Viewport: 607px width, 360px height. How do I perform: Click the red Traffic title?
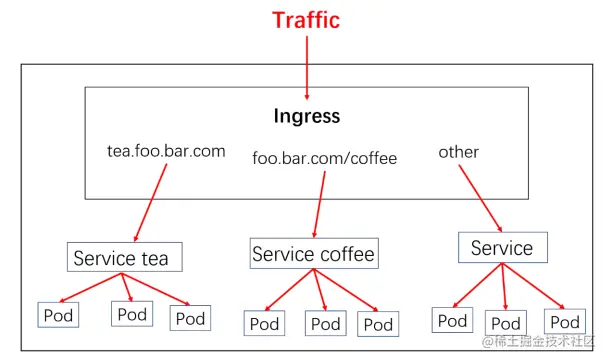pyautogui.click(x=307, y=20)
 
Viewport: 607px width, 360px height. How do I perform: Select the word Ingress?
pyautogui.click(x=307, y=116)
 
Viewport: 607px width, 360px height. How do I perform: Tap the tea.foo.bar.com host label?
pyautogui.click(x=166, y=151)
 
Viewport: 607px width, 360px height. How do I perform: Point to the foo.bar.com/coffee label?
pyautogui.click(x=325, y=158)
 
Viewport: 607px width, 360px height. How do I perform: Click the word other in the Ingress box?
pyautogui.click(x=458, y=152)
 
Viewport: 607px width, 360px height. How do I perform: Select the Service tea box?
pyautogui.click(x=120, y=258)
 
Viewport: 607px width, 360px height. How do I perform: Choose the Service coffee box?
pyautogui.click(x=313, y=254)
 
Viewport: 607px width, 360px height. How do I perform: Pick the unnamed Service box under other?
pyautogui.click(x=502, y=248)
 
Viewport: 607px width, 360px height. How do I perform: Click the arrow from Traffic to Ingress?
pyautogui.click(x=307, y=62)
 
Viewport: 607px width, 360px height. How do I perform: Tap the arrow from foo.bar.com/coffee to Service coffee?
pyautogui.click(x=319, y=203)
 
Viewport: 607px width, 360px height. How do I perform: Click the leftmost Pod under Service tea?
pyautogui.click(x=59, y=314)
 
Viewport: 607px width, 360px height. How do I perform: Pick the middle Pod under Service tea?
pyautogui.click(x=132, y=314)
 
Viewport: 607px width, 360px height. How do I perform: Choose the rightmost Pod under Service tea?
pyautogui.click(x=190, y=318)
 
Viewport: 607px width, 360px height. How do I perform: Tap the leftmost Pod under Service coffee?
pyautogui.click(x=264, y=323)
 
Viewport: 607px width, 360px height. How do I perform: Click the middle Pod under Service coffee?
pyautogui.click(x=325, y=323)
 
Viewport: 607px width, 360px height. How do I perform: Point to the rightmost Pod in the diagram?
pyautogui.click(x=565, y=321)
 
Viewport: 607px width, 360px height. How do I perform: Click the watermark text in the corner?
pyautogui.click(x=540, y=342)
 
